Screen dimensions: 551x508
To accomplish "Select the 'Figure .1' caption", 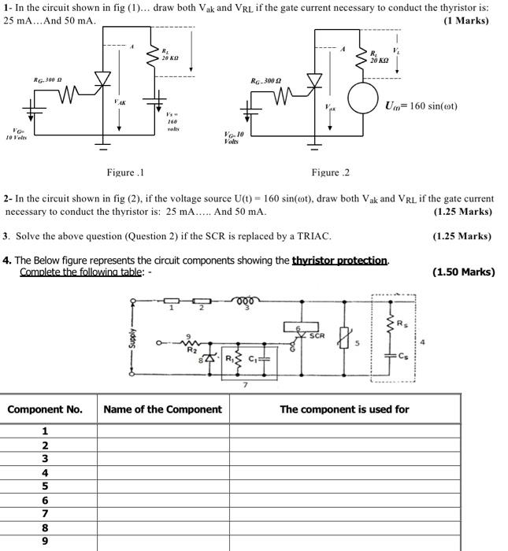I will point(125,172).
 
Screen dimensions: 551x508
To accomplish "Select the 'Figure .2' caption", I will point(330,172).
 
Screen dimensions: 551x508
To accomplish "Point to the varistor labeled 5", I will point(341,341).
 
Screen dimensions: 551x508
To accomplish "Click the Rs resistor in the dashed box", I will point(391,323).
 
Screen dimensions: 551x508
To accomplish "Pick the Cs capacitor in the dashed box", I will point(391,357).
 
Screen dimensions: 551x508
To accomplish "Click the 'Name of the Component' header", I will point(162,409).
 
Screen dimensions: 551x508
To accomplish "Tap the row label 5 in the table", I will point(45,486).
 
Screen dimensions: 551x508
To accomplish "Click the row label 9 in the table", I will point(45,541).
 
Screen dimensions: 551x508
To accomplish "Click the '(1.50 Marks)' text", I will point(464,272).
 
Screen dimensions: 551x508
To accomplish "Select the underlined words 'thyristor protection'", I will point(339,261).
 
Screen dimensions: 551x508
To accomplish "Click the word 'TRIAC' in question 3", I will point(313,236).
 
